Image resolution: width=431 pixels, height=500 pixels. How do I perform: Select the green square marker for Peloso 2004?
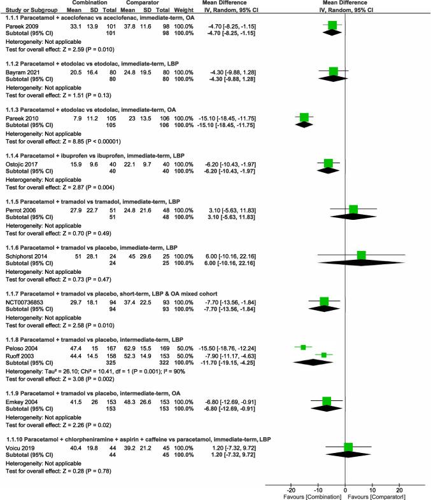303,348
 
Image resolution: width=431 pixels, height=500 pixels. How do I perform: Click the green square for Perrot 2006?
353,210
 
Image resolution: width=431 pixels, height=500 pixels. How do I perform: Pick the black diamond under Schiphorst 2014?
361,263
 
